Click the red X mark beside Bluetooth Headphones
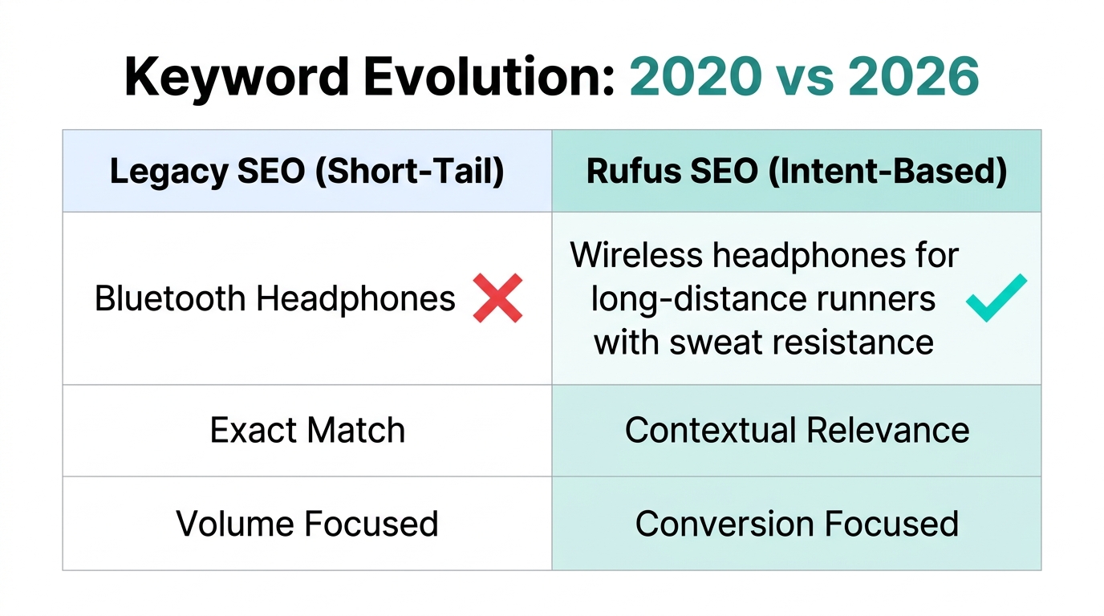(x=497, y=298)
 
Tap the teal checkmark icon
(x=996, y=298)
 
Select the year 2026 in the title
(x=914, y=77)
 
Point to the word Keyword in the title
(x=237, y=77)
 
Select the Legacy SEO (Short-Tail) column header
(x=306, y=172)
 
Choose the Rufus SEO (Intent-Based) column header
(x=796, y=172)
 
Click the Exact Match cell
(x=306, y=431)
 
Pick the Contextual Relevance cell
(x=796, y=431)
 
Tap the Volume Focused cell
(x=306, y=524)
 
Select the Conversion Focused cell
(x=796, y=524)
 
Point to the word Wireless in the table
(x=636, y=256)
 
